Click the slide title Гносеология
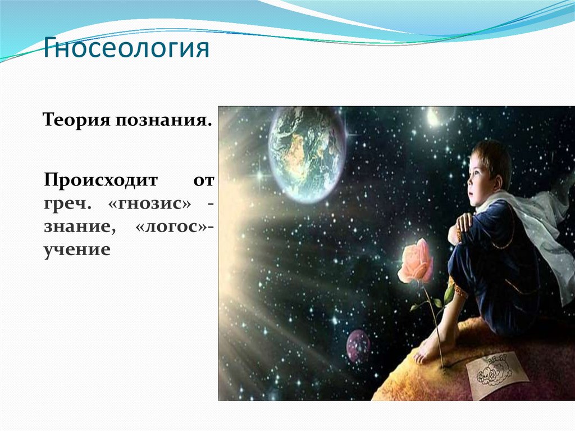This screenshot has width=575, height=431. (x=126, y=48)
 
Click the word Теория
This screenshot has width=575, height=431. (x=76, y=120)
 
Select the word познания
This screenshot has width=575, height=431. (x=163, y=120)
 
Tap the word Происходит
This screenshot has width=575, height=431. (x=101, y=180)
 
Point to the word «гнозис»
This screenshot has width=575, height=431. (x=150, y=203)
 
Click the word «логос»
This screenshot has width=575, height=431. (x=171, y=226)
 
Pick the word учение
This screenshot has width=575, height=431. (x=77, y=249)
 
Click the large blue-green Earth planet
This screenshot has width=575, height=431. (x=307, y=154)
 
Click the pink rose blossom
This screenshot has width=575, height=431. (x=416, y=260)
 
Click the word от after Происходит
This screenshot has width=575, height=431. (x=203, y=181)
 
